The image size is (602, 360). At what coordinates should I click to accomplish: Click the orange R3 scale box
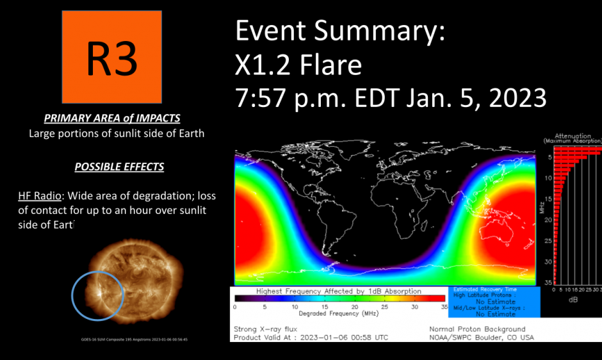pyautogui.click(x=112, y=58)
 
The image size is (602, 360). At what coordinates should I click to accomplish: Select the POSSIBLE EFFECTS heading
pyautogui.click(x=119, y=167)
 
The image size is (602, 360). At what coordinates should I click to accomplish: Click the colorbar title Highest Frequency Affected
pyautogui.click(x=339, y=291)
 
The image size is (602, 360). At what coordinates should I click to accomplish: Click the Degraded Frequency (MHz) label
pyautogui.click(x=339, y=315)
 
